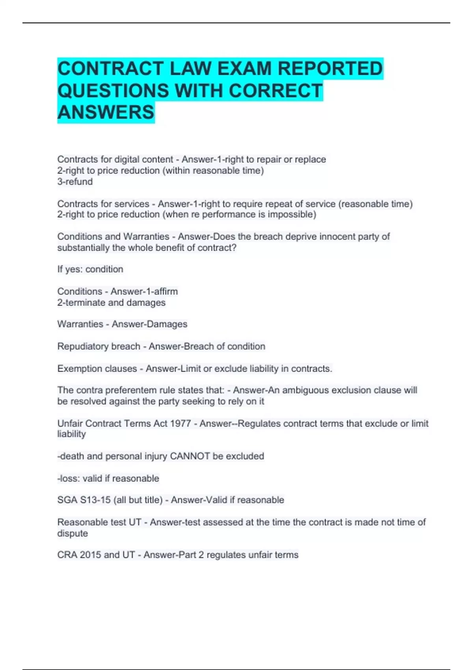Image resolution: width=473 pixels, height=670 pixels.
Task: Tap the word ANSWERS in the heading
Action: pyautogui.click(x=106, y=112)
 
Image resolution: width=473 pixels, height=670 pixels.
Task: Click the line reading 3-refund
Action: pyautogui.click(x=75, y=182)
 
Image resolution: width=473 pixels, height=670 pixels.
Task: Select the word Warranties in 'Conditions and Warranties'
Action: pyautogui.click(x=146, y=236)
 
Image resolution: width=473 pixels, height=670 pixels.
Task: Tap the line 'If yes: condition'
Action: pyautogui.click(x=90, y=269)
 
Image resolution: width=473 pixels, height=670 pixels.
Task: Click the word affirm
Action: pyautogui.click(x=166, y=291)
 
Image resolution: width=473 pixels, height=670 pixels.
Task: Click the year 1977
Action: pyautogui.click(x=181, y=424)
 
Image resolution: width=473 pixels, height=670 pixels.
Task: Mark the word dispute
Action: pyautogui.click(x=73, y=533)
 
